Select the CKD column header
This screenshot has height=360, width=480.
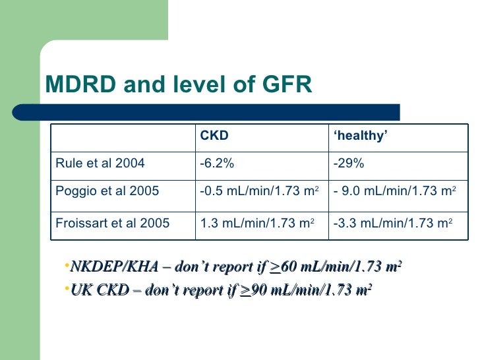(x=214, y=136)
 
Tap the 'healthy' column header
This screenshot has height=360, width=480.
(x=360, y=136)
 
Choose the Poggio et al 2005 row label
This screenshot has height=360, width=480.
(x=106, y=191)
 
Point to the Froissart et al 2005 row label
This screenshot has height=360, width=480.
(x=112, y=222)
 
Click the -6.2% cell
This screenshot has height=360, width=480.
(x=217, y=164)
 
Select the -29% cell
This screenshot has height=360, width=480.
(x=347, y=164)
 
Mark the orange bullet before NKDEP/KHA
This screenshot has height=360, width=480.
(x=67, y=266)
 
